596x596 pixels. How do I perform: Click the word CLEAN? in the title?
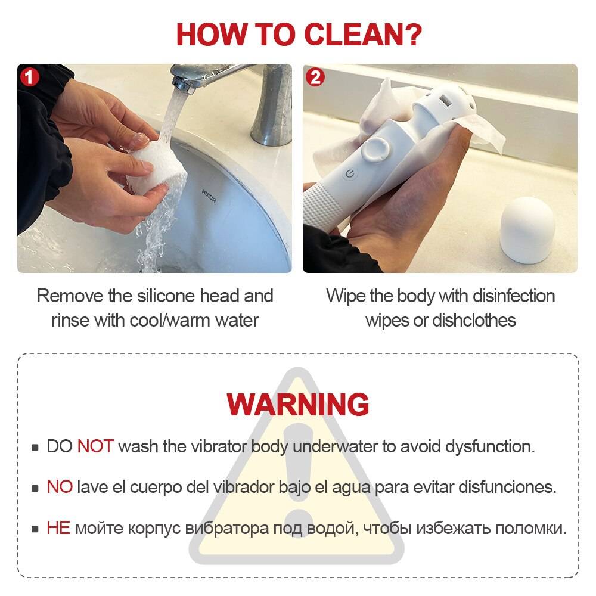363,35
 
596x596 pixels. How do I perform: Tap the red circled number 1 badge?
30,77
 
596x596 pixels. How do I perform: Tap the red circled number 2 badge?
315,77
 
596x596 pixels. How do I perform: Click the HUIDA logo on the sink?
209,195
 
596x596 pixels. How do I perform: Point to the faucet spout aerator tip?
183,86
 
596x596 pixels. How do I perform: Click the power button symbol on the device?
350,174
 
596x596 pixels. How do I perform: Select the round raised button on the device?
375,150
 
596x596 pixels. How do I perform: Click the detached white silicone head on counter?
527,230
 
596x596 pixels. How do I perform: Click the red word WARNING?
297,404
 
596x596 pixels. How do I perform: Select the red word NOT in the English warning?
95,446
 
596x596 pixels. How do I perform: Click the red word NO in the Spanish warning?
60,487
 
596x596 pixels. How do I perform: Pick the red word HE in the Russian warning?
58,528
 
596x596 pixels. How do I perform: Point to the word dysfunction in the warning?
489,447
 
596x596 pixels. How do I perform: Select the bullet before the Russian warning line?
35,529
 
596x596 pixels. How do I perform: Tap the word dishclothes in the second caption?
474,321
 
